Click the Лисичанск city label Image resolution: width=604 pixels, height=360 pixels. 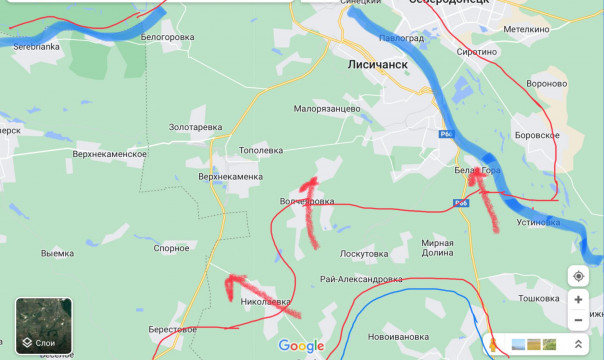(379, 62)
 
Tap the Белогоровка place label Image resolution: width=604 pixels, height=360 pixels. (167, 37)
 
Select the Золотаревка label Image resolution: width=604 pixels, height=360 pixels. (195, 128)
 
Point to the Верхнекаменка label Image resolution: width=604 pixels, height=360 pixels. (230, 176)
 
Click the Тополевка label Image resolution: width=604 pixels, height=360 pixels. (262, 150)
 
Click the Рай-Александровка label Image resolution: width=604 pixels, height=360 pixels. (361, 279)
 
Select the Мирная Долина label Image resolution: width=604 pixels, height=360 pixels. (437, 249)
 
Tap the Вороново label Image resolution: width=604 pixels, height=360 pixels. (546, 84)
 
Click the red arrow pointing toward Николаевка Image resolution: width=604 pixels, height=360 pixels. (262, 297)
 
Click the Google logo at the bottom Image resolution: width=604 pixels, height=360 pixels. (301, 346)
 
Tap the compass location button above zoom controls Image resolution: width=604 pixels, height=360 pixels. (578, 275)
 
